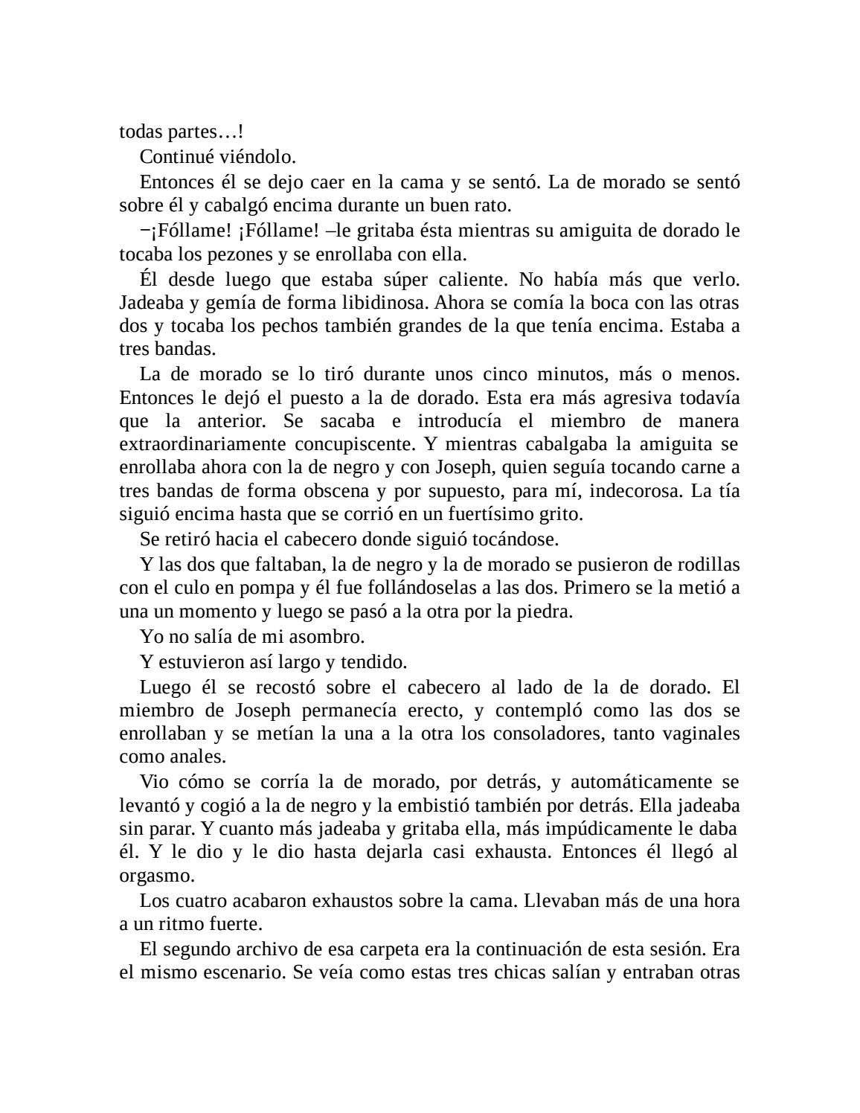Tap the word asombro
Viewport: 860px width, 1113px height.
pos(330,637)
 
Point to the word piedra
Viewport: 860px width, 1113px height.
pos(546,612)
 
